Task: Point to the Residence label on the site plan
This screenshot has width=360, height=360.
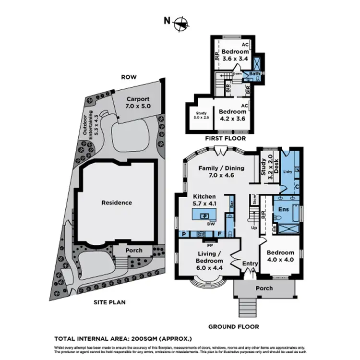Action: click(116, 203)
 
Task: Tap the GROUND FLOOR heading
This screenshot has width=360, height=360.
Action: click(233, 327)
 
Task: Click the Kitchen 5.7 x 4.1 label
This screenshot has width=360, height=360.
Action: click(204, 200)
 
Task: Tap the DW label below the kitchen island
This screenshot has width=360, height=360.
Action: click(210, 224)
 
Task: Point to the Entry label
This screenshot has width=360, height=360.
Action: click(250, 264)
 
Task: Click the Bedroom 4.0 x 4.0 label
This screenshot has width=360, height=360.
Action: click(280, 256)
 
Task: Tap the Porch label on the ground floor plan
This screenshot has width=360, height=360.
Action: click(264, 288)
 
